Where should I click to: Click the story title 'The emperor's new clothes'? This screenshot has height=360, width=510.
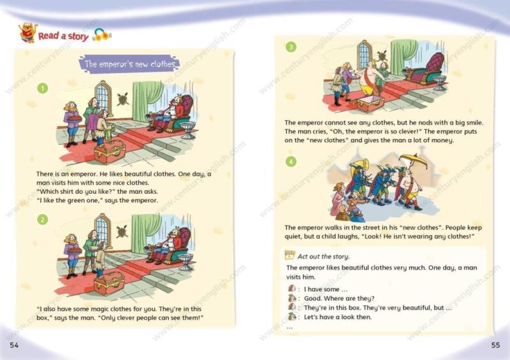pyautogui.click(x=129, y=64)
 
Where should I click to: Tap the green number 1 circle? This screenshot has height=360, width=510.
pyautogui.click(x=43, y=88)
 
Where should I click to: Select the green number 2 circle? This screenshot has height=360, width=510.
pyautogui.click(x=43, y=220)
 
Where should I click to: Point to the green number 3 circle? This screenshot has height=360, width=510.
pyautogui.click(x=291, y=47)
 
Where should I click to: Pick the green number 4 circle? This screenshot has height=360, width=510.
pyautogui.click(x=291, y=161)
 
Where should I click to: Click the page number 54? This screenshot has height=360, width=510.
pyautogui.click(x=14, y=345)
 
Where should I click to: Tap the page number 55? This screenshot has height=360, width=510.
pyautogui.click(x=495, y=345)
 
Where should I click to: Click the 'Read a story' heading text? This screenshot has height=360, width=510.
pyautogui.click(x=63, y=36)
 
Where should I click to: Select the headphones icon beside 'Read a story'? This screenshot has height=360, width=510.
pyautogui.click(x=102, y=34)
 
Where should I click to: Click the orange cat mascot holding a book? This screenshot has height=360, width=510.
pyautogui.click(x=27, y=32)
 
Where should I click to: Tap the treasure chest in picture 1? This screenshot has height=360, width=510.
pyautogui.click(x=110, y=152)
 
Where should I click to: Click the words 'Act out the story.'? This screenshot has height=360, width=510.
pyautogui.click(x=324, y=257)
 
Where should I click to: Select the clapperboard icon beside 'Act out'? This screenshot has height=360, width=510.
pyautogui.click(x=289, y=255)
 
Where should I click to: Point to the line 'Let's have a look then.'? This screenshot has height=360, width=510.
pyautogui.click(x=338, y=317)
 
